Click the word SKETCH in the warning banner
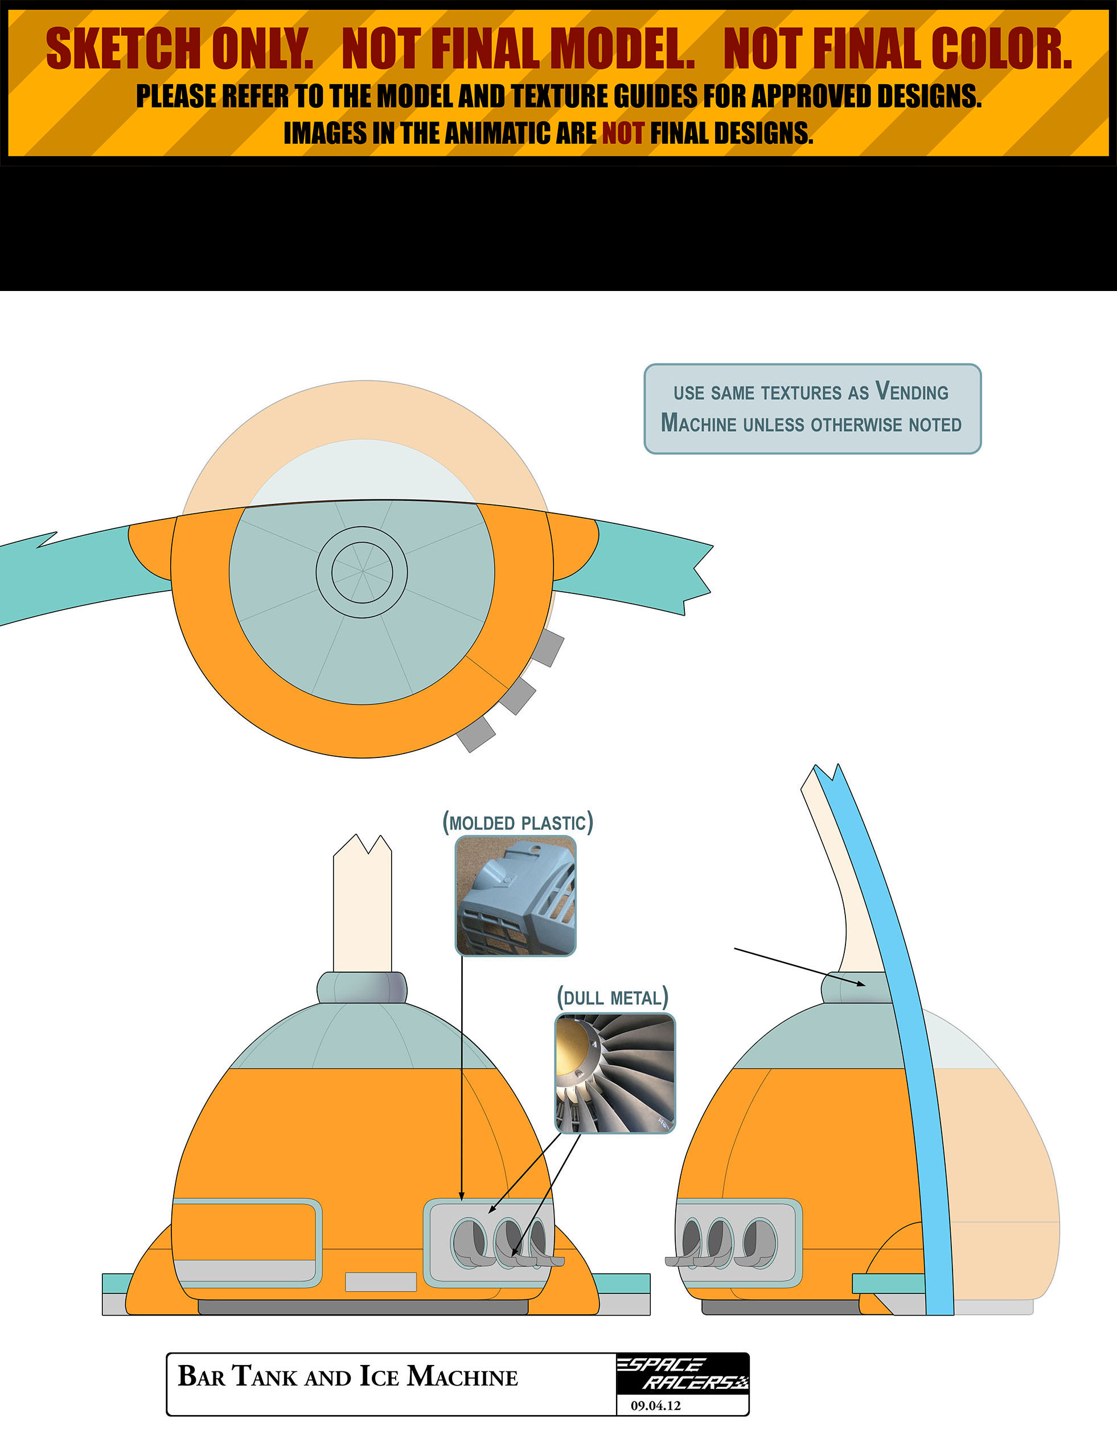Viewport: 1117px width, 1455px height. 124,48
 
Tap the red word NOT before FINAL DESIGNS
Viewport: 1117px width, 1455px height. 623,133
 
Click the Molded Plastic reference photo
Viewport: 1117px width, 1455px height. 515,896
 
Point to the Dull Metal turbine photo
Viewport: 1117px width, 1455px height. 615,1073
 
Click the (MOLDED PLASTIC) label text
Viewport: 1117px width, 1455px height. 518,822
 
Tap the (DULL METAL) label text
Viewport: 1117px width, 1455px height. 613,998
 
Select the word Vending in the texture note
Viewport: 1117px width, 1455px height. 911,391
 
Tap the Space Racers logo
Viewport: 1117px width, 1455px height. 682,1373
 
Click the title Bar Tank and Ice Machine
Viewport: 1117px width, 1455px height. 347,1376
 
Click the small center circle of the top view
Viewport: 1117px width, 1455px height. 362,572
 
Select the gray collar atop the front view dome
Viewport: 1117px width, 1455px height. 362,987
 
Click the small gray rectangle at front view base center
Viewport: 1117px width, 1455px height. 381,1281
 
